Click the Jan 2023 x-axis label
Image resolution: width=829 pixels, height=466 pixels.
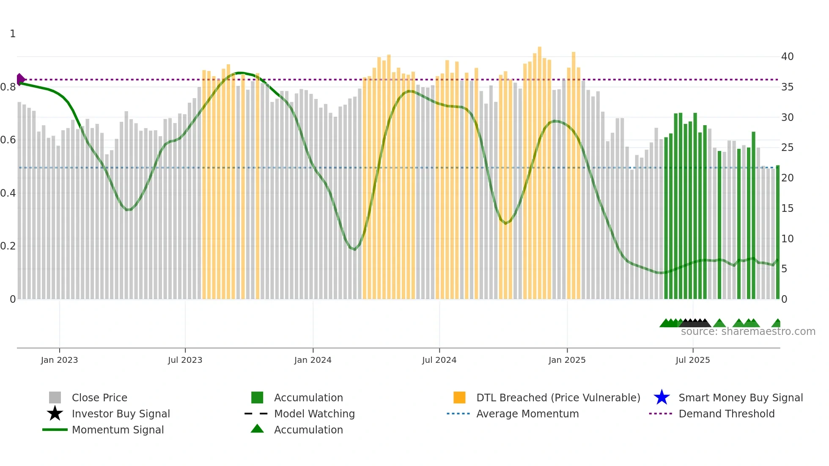[59, 360]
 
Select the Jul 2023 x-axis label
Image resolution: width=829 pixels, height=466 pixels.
[185, 360]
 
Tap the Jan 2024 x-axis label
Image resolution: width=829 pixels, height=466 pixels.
[313, 360]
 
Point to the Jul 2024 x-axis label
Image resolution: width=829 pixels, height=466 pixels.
[439, 360]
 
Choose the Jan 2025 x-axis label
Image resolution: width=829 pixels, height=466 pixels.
[567, 360]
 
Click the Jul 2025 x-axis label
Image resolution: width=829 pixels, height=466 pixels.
[692, 360]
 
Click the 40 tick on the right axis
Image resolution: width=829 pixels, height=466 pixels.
[787, 57]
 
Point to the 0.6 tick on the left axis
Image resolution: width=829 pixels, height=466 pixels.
[8, 140]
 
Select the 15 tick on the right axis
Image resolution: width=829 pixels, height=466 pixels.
[787, 208]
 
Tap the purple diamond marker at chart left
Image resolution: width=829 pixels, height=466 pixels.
[20, 79]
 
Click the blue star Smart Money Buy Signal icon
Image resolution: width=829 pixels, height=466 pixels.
[662, 397]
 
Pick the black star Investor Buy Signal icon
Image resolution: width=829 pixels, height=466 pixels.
[55, 414]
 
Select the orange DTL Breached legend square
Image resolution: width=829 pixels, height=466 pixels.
[459, 397]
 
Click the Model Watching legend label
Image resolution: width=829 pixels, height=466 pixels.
[314, 414]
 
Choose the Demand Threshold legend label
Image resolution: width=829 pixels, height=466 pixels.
[726, 414]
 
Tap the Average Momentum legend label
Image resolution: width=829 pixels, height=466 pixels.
[527, 414]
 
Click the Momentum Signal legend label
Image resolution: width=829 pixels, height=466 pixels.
[118, 430]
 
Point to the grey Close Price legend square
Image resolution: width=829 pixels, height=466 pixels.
[55, 397]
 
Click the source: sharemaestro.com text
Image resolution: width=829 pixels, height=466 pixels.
[748, 332]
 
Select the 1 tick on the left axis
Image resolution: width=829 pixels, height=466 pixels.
[13, 34]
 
